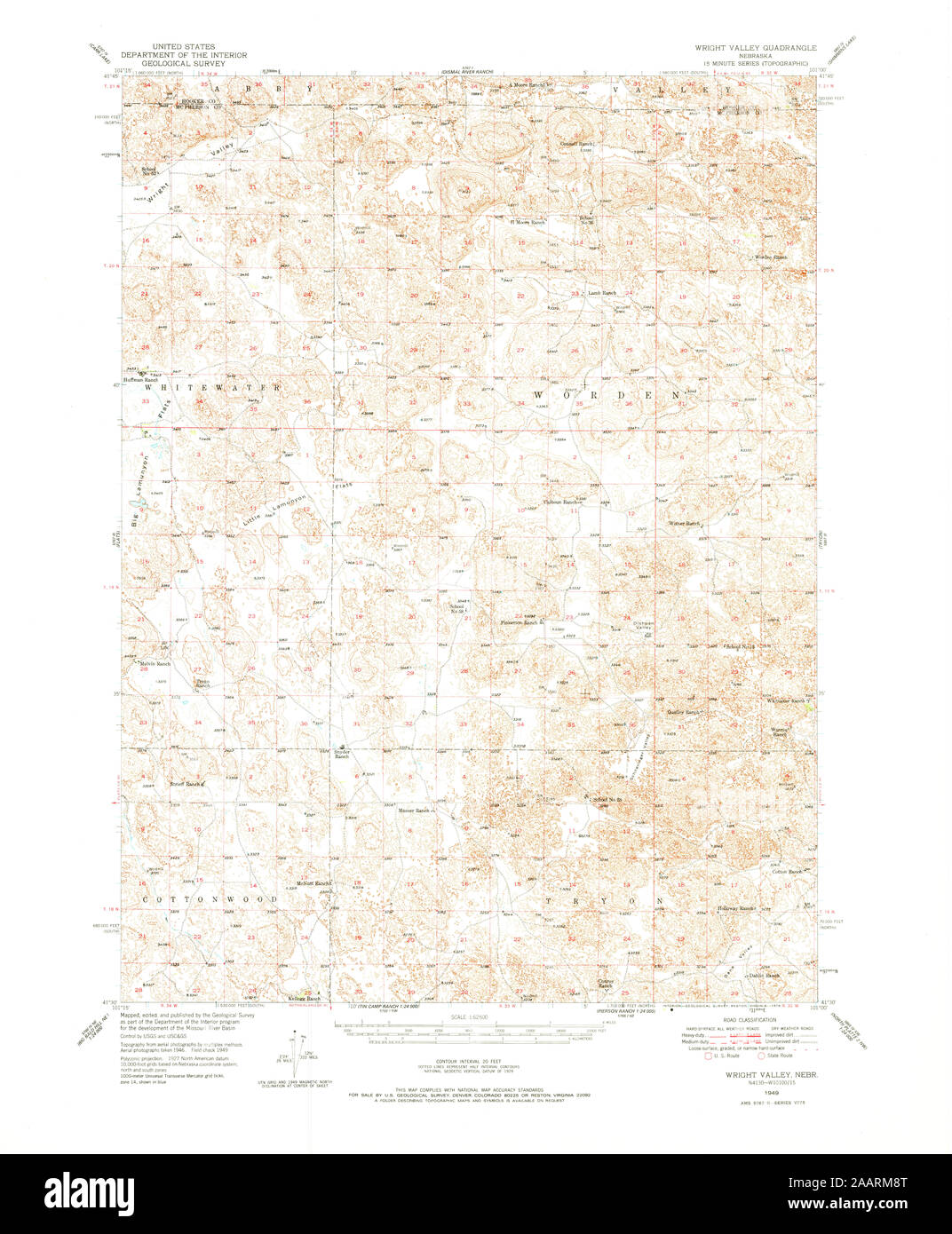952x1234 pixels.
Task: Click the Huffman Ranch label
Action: pos(146,380)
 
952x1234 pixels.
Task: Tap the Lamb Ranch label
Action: pos(604,292)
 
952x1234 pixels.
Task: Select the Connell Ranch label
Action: pos(575,143)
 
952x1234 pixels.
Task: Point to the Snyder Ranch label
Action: pos(342,754)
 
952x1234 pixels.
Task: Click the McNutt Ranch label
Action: pos(313,883)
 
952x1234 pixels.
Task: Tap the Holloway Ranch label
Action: pos(736,909)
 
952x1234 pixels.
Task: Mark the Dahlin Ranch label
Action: pos(764,976)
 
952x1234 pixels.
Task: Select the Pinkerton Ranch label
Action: pos(519,622)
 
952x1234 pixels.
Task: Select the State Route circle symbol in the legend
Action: pos(762,1055)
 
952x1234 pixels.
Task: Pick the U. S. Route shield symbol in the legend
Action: pos(708,1055)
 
